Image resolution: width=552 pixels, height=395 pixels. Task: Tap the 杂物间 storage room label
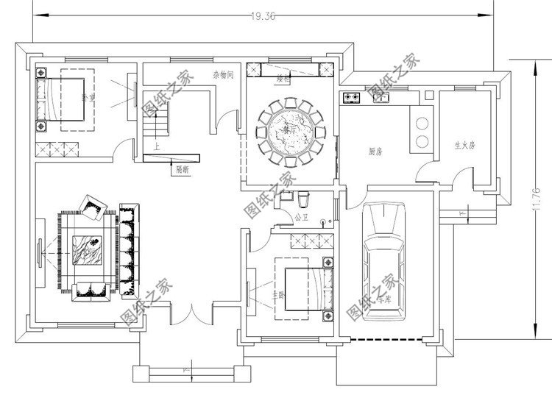point(223,74)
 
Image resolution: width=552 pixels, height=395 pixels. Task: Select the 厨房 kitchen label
point(375,152)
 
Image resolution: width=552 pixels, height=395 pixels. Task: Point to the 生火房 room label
point(464,145)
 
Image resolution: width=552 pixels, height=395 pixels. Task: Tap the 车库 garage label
point(383,299)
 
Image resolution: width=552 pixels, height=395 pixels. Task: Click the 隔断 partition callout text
point(183,169)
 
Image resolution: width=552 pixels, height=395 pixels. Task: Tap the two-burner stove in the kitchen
point(350,96)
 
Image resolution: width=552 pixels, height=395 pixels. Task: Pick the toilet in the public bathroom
point(305,199)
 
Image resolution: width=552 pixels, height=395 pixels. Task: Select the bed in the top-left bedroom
point(62,99)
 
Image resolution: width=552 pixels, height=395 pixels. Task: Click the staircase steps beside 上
point(157,121)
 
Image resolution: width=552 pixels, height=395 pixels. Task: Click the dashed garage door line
point(386,339)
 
